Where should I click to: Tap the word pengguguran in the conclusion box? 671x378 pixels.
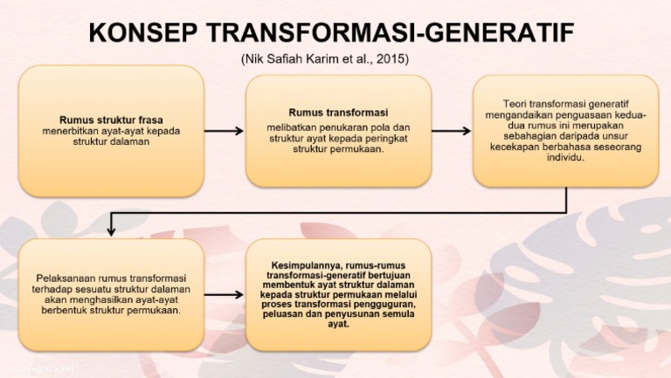point(385,304)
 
